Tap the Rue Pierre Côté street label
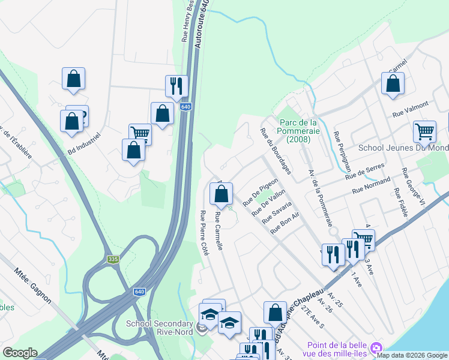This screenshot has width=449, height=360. (203, 234)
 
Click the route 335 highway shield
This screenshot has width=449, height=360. (112, 259)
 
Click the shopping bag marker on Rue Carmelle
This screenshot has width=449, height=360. (221, 194)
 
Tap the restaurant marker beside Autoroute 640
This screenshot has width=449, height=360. (176, 86)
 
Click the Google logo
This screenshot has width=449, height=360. (19, 353)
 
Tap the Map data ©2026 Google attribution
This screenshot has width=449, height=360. (412, 355)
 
